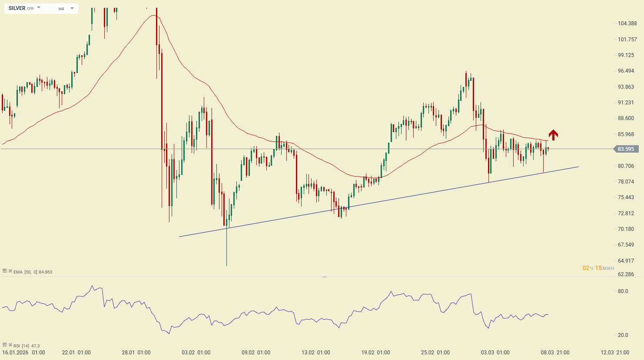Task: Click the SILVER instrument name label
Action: (17, 8)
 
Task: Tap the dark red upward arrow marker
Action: (553, 135)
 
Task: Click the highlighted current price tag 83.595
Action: (626, 149)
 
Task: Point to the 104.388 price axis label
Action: (627, 23)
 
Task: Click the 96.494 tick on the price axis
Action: (626, 71)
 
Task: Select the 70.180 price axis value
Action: (626, 229)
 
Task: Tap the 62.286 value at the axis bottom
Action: (626, 274)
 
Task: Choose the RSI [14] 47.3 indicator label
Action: (27, 346)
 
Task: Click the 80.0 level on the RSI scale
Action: (623, 291)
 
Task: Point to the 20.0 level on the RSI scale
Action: (623, 335)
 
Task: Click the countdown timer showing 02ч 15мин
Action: (598, 268)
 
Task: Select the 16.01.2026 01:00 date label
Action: (23, 353)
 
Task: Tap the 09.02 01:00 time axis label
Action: (256, 353)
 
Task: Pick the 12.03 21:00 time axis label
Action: (615, 353)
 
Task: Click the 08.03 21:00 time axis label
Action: (555, 353)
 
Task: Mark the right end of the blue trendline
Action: (578, 167)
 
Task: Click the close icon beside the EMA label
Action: (10, 271)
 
